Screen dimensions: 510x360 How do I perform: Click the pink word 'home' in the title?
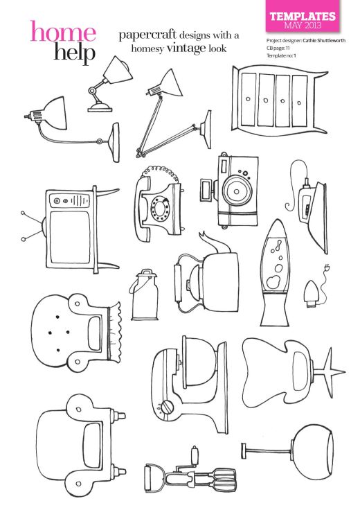click(62, 32)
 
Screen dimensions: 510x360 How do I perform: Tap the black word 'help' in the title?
click(73, 53)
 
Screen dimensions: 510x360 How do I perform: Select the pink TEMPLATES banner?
click(303, 19)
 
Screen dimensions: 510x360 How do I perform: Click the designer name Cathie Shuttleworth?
click(323, 40)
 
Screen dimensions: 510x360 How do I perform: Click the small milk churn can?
click(143, 293)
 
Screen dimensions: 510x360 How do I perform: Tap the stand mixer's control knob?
click(166, 408)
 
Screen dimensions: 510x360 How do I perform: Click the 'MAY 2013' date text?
click(303, 26)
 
